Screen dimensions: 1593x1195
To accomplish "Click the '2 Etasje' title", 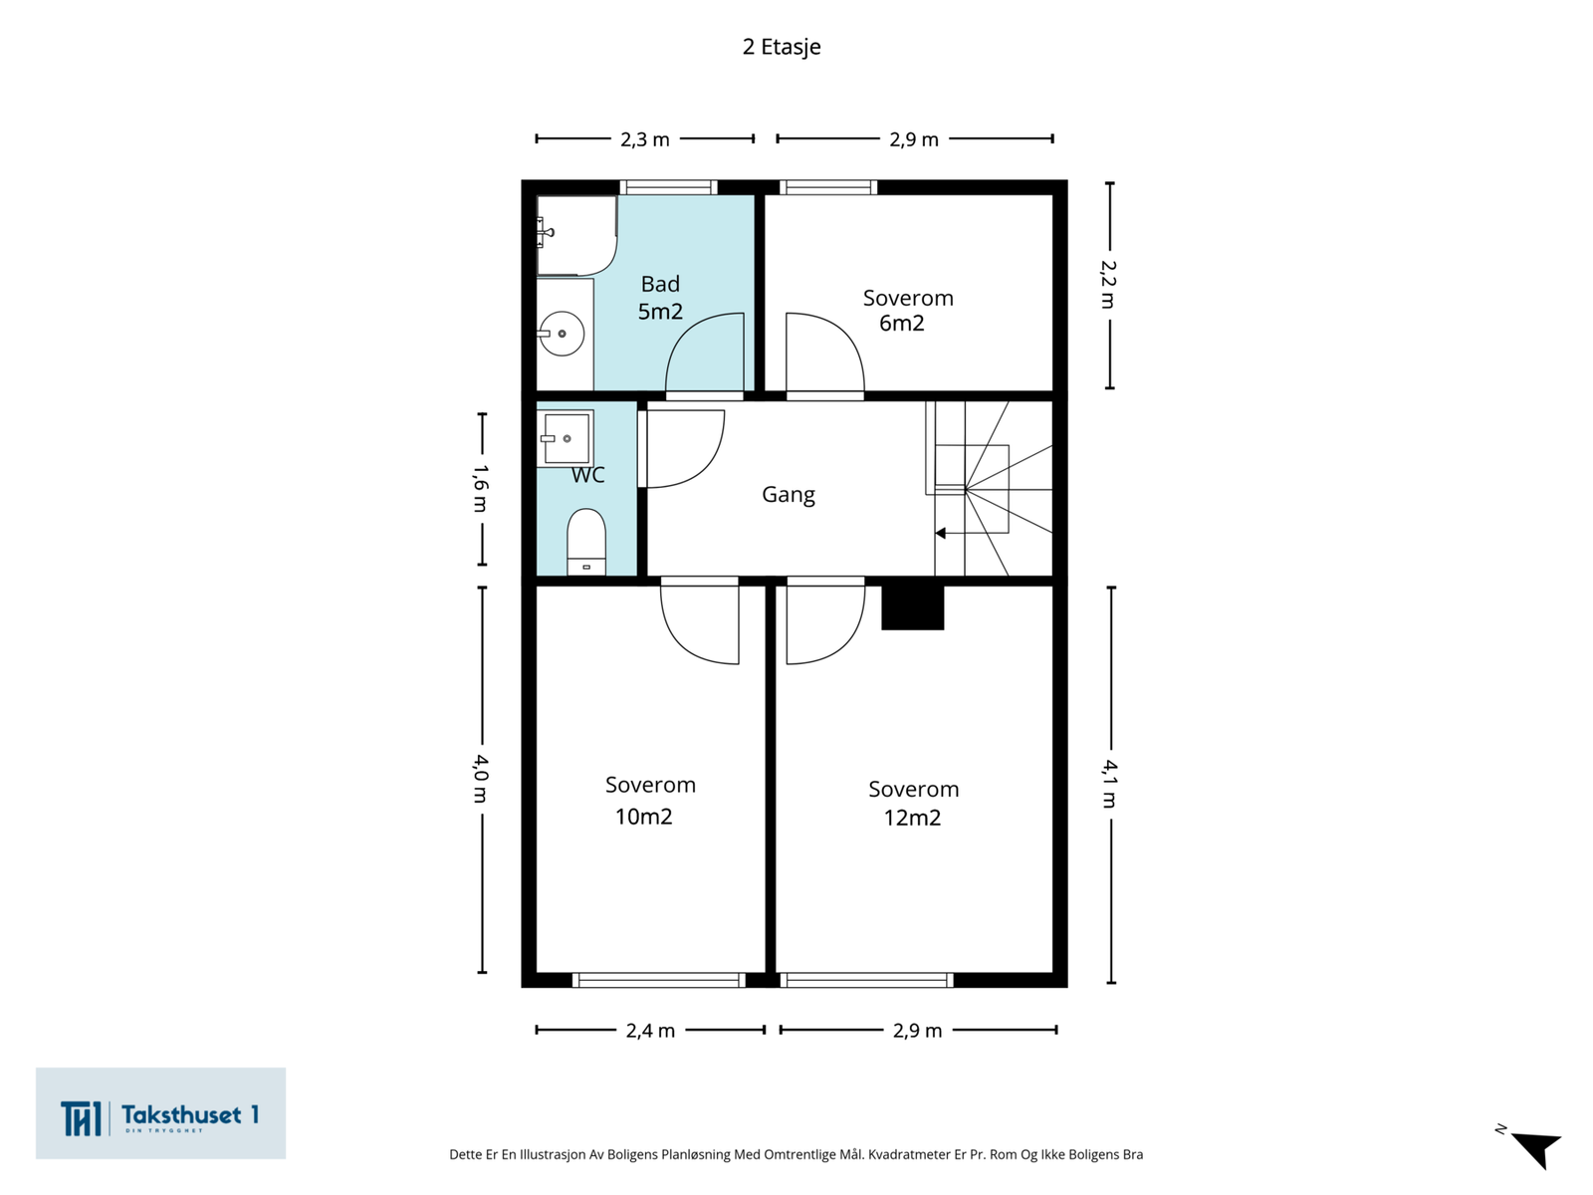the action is (781, 47).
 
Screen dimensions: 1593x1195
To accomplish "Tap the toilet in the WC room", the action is (585, 542).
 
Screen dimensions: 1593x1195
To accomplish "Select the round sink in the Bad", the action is (561, 334).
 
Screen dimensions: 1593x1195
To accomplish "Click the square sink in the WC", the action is (567, 438).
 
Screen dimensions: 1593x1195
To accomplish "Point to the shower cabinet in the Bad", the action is (576, 235).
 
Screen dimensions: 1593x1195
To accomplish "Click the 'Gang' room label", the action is (789, 495).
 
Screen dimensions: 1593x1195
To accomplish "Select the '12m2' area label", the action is (912, 818).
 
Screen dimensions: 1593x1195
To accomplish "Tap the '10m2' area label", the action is (644, 817).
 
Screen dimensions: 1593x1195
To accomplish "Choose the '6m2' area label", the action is (901, 323).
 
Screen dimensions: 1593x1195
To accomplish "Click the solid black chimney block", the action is (912, 607).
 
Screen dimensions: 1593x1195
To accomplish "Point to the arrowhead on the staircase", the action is (941, 534).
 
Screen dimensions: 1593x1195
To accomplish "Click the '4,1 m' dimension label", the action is (1110, 784).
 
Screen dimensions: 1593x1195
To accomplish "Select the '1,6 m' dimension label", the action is (481, 488).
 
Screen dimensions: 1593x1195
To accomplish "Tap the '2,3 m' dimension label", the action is (644, 139).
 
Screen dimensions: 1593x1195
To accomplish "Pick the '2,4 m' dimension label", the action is (650, 1031).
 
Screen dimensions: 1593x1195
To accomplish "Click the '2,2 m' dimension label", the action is (1108, 285).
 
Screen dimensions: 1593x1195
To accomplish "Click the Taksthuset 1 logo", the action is (160, 1113).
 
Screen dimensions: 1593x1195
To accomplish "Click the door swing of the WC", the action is (684, 449).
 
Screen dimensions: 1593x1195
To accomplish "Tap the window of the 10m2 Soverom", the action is (658, 980).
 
